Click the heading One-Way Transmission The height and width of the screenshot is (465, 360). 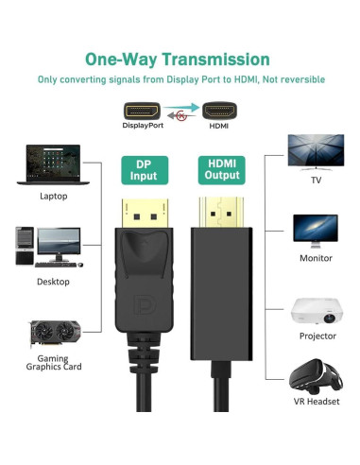(x=180, y=59)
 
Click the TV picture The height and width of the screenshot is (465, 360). (x=316, y=151)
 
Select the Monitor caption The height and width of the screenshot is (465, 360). (x=316, y=257)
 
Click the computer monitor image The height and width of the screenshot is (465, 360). (x=316, y=230)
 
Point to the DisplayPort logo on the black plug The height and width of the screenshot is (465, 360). (x=143, y=308)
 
